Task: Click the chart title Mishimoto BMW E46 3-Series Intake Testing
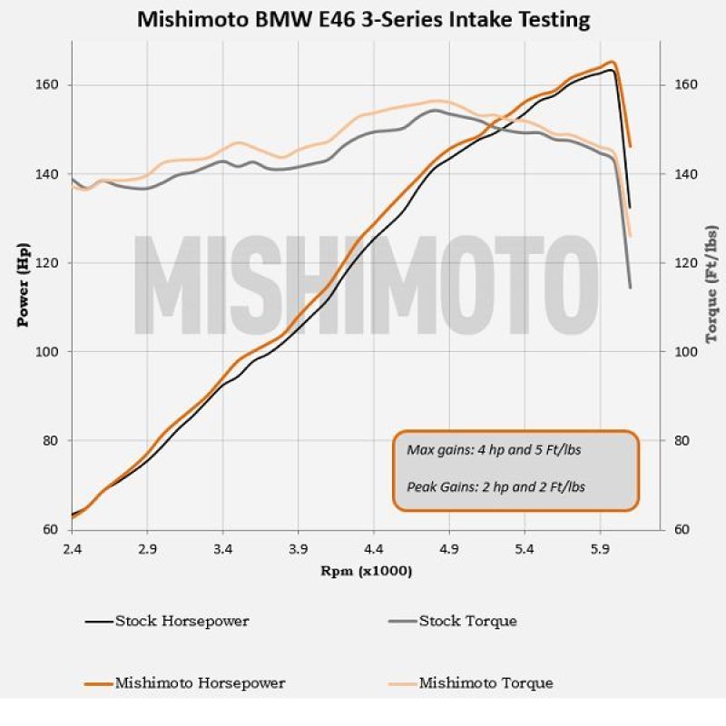(363, 18)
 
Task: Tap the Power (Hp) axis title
(24, 285)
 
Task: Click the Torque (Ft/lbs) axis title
(711, 285)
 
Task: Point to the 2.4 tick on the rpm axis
(72, 550)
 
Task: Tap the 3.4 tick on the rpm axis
(222, 550)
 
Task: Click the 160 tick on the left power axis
(46, 85)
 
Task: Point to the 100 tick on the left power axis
(46, 352)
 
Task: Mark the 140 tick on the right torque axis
(684, 174)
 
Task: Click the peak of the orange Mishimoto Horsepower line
(613, 62)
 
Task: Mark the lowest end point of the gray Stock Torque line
(630, 288)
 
